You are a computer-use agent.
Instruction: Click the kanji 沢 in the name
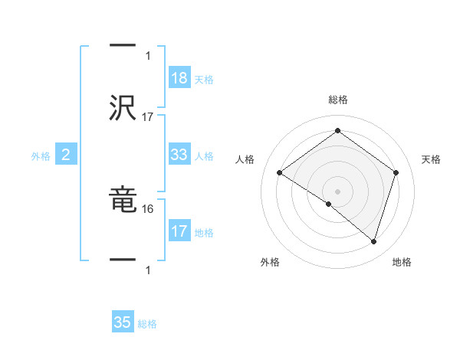click(x=123, y=107)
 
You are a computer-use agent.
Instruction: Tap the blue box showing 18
click(x=179, y=77)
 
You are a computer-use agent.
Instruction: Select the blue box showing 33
click(x=179, y=155)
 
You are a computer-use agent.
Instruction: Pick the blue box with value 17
click(x=179, y=231)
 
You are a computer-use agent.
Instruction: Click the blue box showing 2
click(x=66, y=155)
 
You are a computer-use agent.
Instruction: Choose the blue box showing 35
click(x=123, y=322)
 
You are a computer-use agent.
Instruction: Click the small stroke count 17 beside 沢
click(x=149, y=117)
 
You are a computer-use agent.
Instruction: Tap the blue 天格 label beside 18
click(x=204, y=79)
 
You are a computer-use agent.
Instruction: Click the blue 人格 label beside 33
click(x=204, y=156)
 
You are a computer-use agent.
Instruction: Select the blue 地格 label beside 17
click(x=204, y=232)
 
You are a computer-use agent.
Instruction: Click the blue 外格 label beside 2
click(x=41, y=156)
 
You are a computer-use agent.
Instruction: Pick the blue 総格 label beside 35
click(x=147, y=324)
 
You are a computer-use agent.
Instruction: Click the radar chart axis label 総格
click(x=337, y=100)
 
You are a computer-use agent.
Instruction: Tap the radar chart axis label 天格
click(x=432, y=159)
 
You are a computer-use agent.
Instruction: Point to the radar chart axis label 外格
click(x=270, y=262)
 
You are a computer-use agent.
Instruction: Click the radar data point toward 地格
click(x=373, y=242)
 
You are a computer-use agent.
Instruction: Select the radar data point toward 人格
click(x=279, y=173)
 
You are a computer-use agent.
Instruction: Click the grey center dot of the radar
click(x=337, y=191)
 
